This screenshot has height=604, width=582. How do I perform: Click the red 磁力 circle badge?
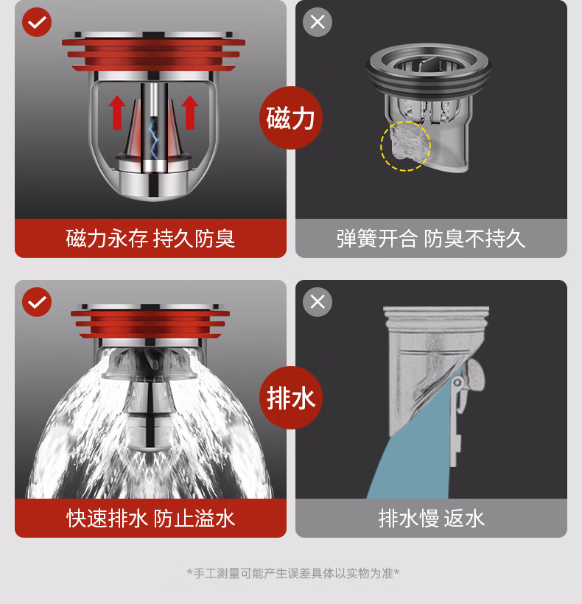click(x=291, y=118)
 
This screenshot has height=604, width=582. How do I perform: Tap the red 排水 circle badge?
click(x=291, y=398)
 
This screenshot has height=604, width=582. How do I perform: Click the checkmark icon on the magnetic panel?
click(x=37, y=22)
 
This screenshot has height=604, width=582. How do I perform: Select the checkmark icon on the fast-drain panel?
click(x=37, y=302)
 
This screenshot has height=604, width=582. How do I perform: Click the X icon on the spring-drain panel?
click(x=318, y=22)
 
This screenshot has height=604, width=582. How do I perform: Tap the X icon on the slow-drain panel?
click(x=318, y=302)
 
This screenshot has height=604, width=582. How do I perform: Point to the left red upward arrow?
click(x=117, y=112)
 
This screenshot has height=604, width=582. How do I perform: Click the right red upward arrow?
click(x=190, y=112)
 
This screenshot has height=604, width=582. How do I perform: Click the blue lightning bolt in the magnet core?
click(x=154, y=138)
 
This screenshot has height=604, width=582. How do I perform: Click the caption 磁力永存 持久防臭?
click(x=150, y=239)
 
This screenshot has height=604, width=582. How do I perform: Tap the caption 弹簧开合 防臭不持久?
click(x=431, y=239)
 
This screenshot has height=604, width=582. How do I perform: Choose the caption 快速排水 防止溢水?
click(x=150, y=518)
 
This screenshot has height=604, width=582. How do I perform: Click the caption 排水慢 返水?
click(x=431, y=518)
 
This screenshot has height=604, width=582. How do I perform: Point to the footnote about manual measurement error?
click(x=293, y=573)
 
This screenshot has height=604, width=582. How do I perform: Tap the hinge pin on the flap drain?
click(x=457, y=382)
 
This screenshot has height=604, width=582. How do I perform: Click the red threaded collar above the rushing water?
click(x=150, y=324)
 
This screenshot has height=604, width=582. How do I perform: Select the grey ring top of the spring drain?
click(x=429, y=69)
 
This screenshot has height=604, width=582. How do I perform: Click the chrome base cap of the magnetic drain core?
click(x=154, y=185)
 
